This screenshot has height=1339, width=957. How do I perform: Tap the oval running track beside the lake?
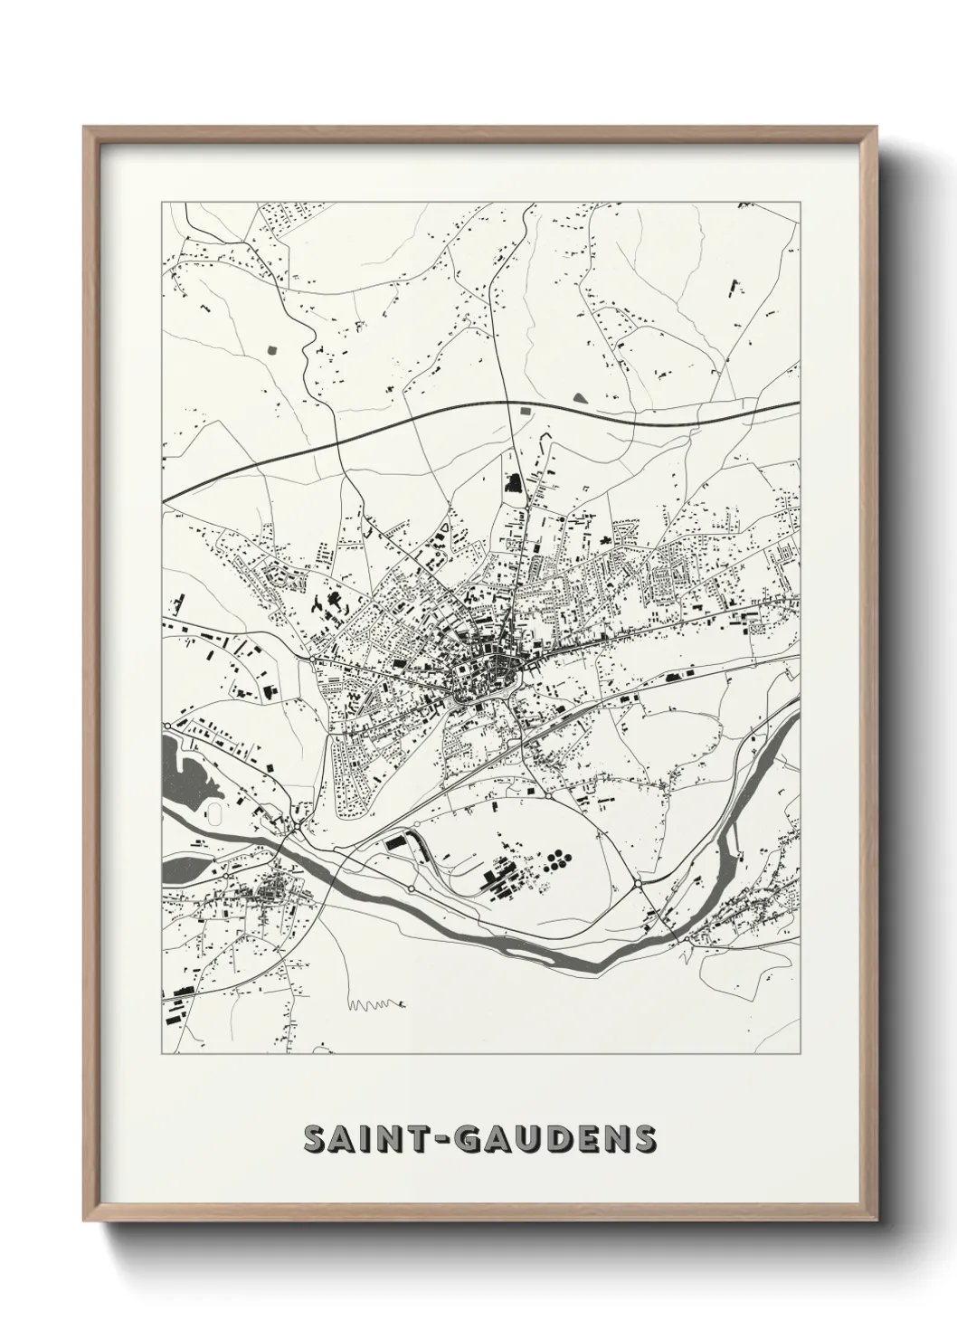coord(215,813)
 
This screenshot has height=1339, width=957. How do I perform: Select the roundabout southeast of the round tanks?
coord(638,882)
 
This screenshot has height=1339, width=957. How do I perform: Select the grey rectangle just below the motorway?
coord(524,412)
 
